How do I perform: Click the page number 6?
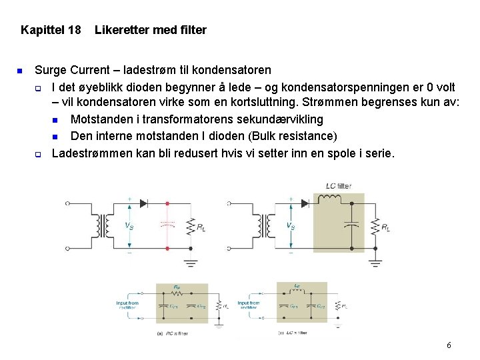click(449, 345)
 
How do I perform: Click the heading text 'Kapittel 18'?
click(51, 30)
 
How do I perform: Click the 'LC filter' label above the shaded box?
click(338, 185)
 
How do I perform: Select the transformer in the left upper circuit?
click(103, 225)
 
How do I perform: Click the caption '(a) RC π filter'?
click(173, 333)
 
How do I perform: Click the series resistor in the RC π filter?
click(177, 293)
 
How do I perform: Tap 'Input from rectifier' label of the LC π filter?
click(249, 305)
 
